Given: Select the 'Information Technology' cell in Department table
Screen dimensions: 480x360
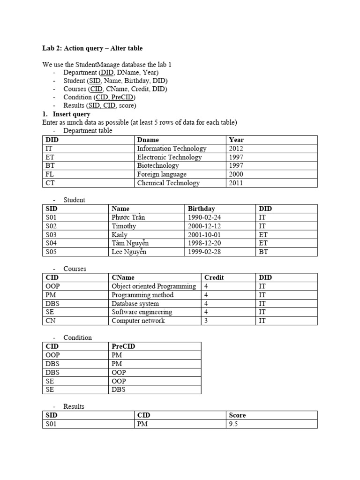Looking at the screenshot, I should pos(172,149).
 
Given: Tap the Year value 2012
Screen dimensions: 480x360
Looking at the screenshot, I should pos(236,149).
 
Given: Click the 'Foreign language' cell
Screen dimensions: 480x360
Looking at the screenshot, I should pos(162,174).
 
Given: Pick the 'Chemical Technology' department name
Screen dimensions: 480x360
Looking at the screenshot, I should pos(168,183).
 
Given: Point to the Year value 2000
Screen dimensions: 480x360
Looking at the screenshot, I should pos(236,174).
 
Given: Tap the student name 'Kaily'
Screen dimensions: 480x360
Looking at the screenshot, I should pos(120,235).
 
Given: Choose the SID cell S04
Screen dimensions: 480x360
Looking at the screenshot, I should pos(51,243).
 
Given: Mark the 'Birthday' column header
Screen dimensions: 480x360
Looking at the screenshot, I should pos(202,209).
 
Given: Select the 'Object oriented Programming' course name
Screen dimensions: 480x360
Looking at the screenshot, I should pos(154,286).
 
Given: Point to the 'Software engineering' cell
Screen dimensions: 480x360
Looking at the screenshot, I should pos(142,312).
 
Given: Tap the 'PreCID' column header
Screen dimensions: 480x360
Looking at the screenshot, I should pos(123,346).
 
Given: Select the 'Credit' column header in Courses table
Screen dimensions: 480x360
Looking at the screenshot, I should pos(214,277).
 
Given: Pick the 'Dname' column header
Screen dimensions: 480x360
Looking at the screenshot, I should pos(148,140).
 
